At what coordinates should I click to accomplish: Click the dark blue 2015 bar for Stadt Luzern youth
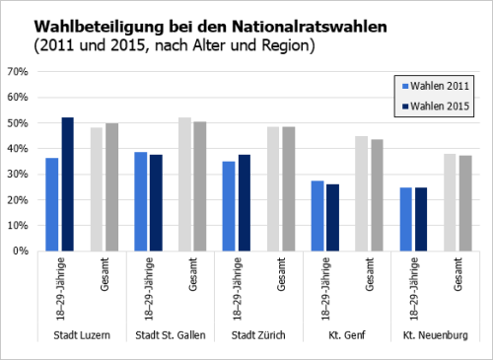[67, 184]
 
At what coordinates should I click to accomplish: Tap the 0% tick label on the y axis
[21, 251]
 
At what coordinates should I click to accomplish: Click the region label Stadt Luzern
[81, 335]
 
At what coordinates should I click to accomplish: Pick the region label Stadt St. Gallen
[170, 335]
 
